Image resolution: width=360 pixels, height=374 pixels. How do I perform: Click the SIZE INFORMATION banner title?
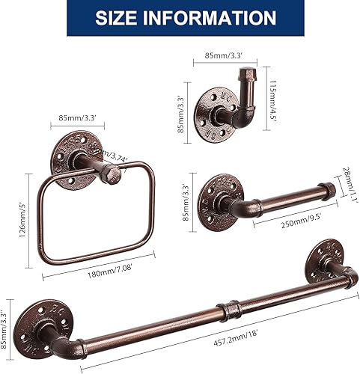[180, 18]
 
